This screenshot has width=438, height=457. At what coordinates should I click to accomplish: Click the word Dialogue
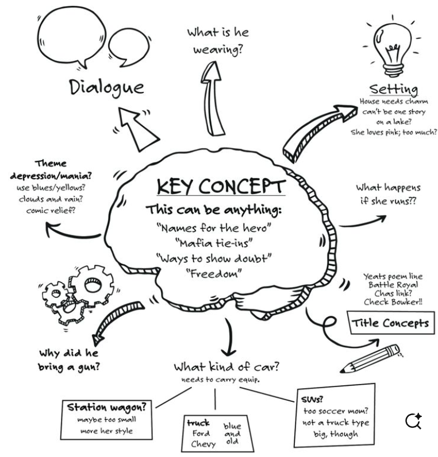(107, 87)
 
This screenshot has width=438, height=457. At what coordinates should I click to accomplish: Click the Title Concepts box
(390, 323)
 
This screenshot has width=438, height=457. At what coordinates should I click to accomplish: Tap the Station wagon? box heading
(107, 408)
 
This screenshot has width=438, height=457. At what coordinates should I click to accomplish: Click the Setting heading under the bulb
(393, 89)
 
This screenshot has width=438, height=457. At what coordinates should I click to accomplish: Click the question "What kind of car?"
(231, 367)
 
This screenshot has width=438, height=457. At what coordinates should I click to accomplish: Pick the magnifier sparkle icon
(413, 421)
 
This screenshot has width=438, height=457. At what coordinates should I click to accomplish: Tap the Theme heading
(51, 164)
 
